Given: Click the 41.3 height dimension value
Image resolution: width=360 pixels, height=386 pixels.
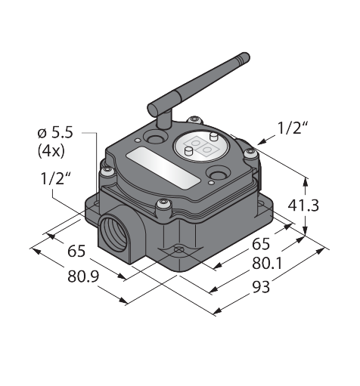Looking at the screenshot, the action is point(303,205).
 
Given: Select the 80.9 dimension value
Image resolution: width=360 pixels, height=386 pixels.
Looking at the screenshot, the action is point(83,276).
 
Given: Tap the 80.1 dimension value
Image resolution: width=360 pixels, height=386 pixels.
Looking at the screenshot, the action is point(267,264).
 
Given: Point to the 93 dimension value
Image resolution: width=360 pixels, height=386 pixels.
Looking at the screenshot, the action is point(261,286).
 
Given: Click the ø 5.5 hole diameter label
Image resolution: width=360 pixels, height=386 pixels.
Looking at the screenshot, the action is point(55,132).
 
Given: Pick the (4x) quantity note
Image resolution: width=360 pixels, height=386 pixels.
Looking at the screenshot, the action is point(51,151).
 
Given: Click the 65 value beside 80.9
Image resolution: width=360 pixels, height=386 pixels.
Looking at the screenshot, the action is point(76,251).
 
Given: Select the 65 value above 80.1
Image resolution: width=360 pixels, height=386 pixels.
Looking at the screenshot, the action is point(261,243).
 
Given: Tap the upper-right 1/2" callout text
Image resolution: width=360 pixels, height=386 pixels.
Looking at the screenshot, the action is point(292,128).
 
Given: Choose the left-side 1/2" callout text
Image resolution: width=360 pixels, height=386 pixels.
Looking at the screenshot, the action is point(55,178).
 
